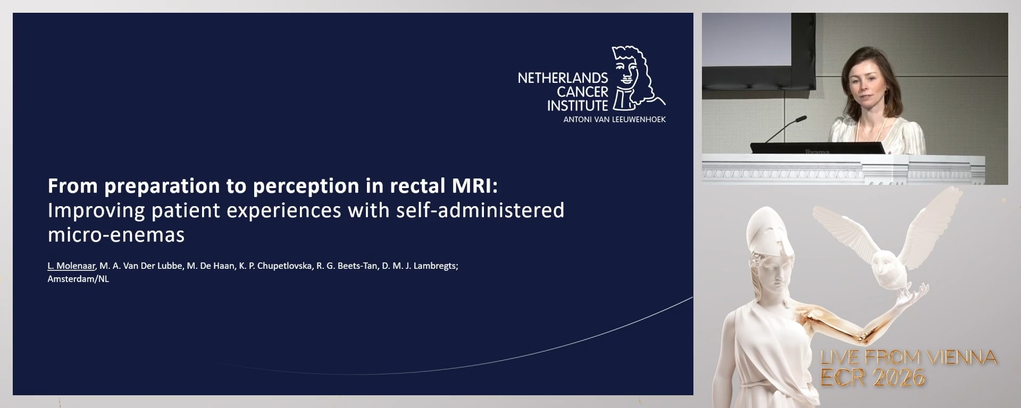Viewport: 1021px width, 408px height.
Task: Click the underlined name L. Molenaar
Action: (71, 266)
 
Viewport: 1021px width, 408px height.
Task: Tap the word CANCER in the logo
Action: (582, 92)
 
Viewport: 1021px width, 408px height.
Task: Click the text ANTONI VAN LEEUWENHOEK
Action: (614, 120)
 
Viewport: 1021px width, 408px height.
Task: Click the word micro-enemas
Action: (116, 235)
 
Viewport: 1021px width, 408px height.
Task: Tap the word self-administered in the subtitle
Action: (480, 210)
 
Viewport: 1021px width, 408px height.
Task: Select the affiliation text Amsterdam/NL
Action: (78, 279)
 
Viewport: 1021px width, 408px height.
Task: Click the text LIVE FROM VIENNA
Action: (908, 358)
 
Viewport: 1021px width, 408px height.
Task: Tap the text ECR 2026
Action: (872, 378)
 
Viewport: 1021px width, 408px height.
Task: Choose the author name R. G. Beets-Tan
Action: (347, 266)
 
